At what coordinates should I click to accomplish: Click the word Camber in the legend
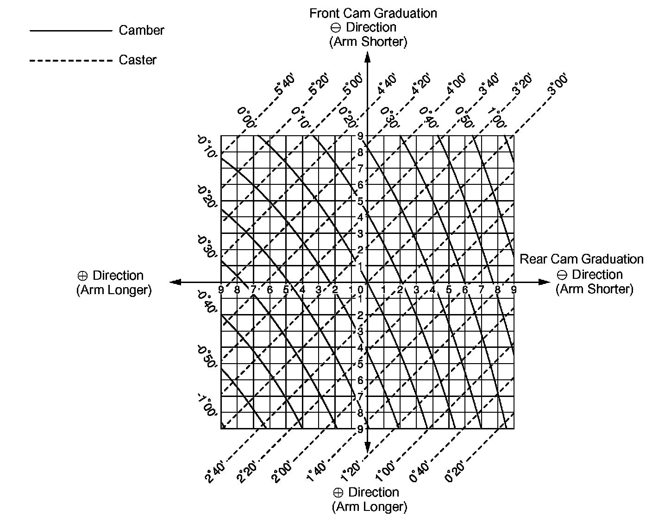click(141, 31)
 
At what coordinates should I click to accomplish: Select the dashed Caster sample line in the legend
click(70, 60)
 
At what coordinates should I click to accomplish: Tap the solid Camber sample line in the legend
click(70, 31)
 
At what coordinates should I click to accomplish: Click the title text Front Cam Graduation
click(373, 13)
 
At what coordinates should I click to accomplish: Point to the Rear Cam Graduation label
click(581, 259)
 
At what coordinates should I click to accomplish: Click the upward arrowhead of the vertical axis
click(368, 57)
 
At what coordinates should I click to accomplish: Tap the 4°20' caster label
click(421, 84)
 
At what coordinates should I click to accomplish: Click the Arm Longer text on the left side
click(114, 290)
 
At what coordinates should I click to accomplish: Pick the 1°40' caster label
click(317, 471)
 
